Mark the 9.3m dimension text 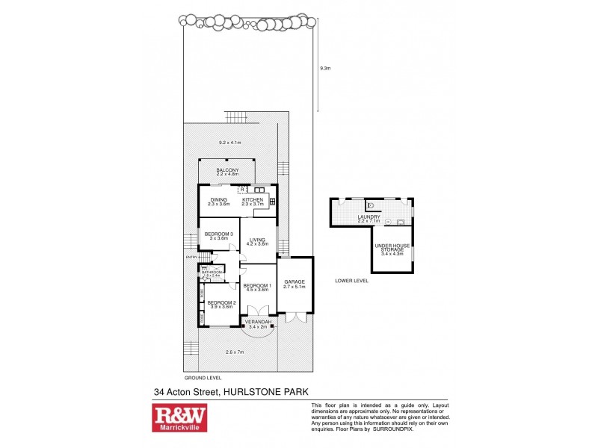click(324, 68)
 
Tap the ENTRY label click(191, 258)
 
